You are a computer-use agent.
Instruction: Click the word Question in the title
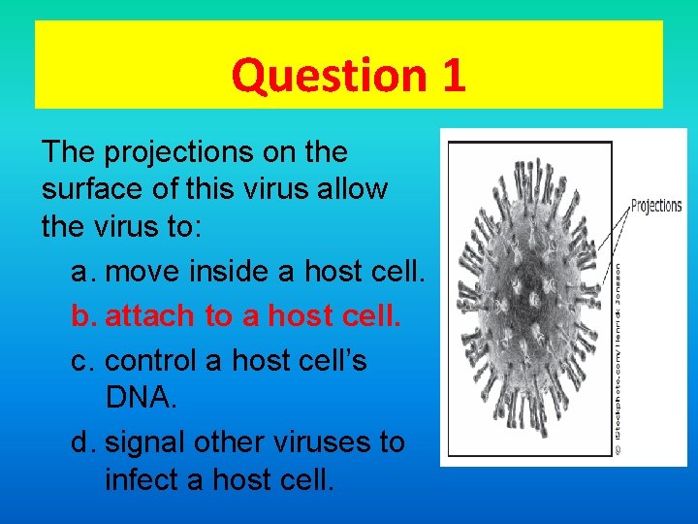pyautogui.click(x=321, y=76)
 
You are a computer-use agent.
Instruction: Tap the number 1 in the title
pyautogui.click(x=454, y=76)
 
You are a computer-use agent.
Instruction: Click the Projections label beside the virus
pyautogui.click(x=656, y=206)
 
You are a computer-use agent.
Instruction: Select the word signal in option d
pyautogui.click(x=145, y=442)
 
